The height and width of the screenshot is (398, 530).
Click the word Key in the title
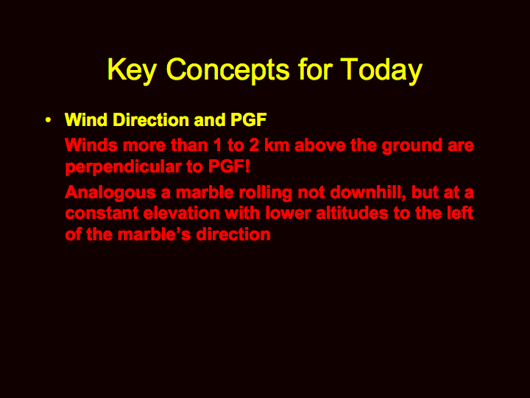[x=132, y=71]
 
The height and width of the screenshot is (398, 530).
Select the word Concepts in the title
[x=227, y=71]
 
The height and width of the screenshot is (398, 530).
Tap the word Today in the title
[x=381, y=71]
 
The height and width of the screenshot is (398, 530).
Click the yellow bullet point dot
[x=49, y=120]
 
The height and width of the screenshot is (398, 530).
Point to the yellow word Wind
[x=86, y=119]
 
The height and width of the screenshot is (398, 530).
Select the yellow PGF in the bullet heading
[x=249, y=119]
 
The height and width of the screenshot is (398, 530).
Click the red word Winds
[x=91, y=145]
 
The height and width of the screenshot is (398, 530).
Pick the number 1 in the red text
[x=217, y=145]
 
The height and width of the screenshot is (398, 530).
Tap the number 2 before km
[x=254, y=145]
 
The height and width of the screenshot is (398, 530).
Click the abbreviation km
[x=277, y=145]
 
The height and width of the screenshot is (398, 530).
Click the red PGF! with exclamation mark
[x=229, y=166]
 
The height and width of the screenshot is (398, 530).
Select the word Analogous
[x=110, y=193]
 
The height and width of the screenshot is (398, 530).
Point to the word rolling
[x=266, y=193]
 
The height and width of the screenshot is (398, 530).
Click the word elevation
[x=182, y=213]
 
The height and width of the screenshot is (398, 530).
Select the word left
[x=462, y=213]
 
